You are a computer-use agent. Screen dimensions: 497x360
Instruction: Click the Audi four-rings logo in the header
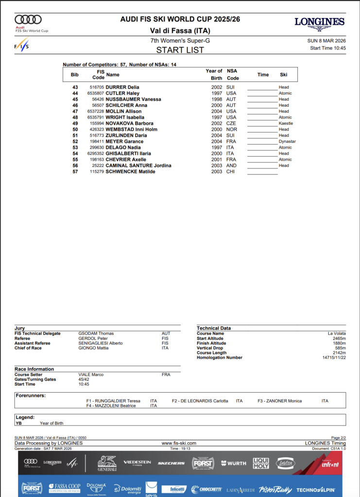pyautogui.click(x=28, y=20)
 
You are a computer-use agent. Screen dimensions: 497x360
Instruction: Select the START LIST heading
pyautogui.click(x=180, y=50)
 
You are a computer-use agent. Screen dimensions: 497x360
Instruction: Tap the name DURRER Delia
pyautogui.click(x=122, y=87)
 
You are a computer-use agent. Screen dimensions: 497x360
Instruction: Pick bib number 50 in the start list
pyautogui.click(x=75, y=130)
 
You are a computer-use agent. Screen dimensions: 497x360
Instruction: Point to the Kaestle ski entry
pyautogui.click(x=286, y=123)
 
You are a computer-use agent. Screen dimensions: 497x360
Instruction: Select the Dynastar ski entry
pyautogui.click(x=287, y=141)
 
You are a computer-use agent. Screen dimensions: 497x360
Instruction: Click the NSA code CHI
pyautogui.click(x=230, y=171)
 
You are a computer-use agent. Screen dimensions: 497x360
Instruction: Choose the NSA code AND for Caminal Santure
pyautogui.click(x=231, y=166)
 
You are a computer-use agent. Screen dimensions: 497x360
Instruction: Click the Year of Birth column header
pyautogui.click(x=214, y=74)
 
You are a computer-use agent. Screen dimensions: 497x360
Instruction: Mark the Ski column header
pyautogui.click(x=284, y=75)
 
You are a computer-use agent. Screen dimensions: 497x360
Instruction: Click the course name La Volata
pyautogui.click(x=337, y=333)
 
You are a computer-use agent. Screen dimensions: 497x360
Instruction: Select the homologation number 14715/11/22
pyautogui.click(x=334, y=358)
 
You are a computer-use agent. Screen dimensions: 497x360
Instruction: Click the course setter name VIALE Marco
pyautogui.click(x=91, y=375)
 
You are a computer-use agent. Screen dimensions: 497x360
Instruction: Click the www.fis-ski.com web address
pyautogui.click(x=179, y=443)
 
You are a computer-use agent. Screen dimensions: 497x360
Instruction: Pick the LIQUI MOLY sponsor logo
pyautogui.click(x=261, y=464)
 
